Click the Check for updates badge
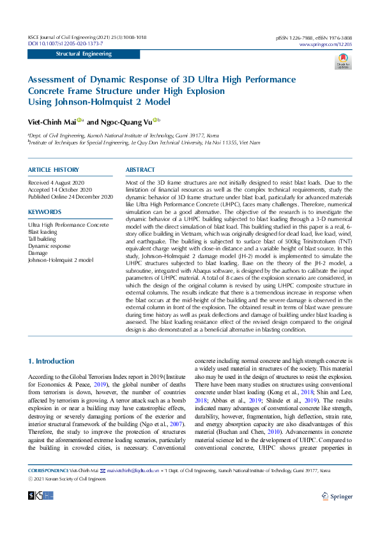[344, 61]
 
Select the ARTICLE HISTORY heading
[54, 170]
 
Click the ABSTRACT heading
[141, 170]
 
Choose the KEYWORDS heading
[45, 211]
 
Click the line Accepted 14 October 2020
[60, 190]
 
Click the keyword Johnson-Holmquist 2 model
[61, 260]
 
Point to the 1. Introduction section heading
[51, 361]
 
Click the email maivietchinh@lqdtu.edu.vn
[135, 470]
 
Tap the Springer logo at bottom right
[337, 496]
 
